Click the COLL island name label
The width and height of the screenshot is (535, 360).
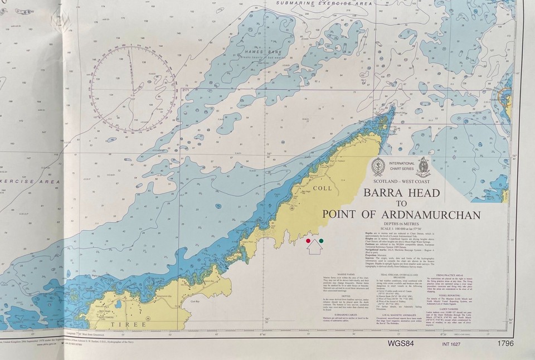[323, 188]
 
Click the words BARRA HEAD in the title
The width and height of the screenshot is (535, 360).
[402, 193]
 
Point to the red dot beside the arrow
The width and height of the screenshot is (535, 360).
[308, 241]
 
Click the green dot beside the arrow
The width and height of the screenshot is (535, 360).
[321, 241]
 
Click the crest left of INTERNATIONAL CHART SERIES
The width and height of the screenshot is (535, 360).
[378, 166]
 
